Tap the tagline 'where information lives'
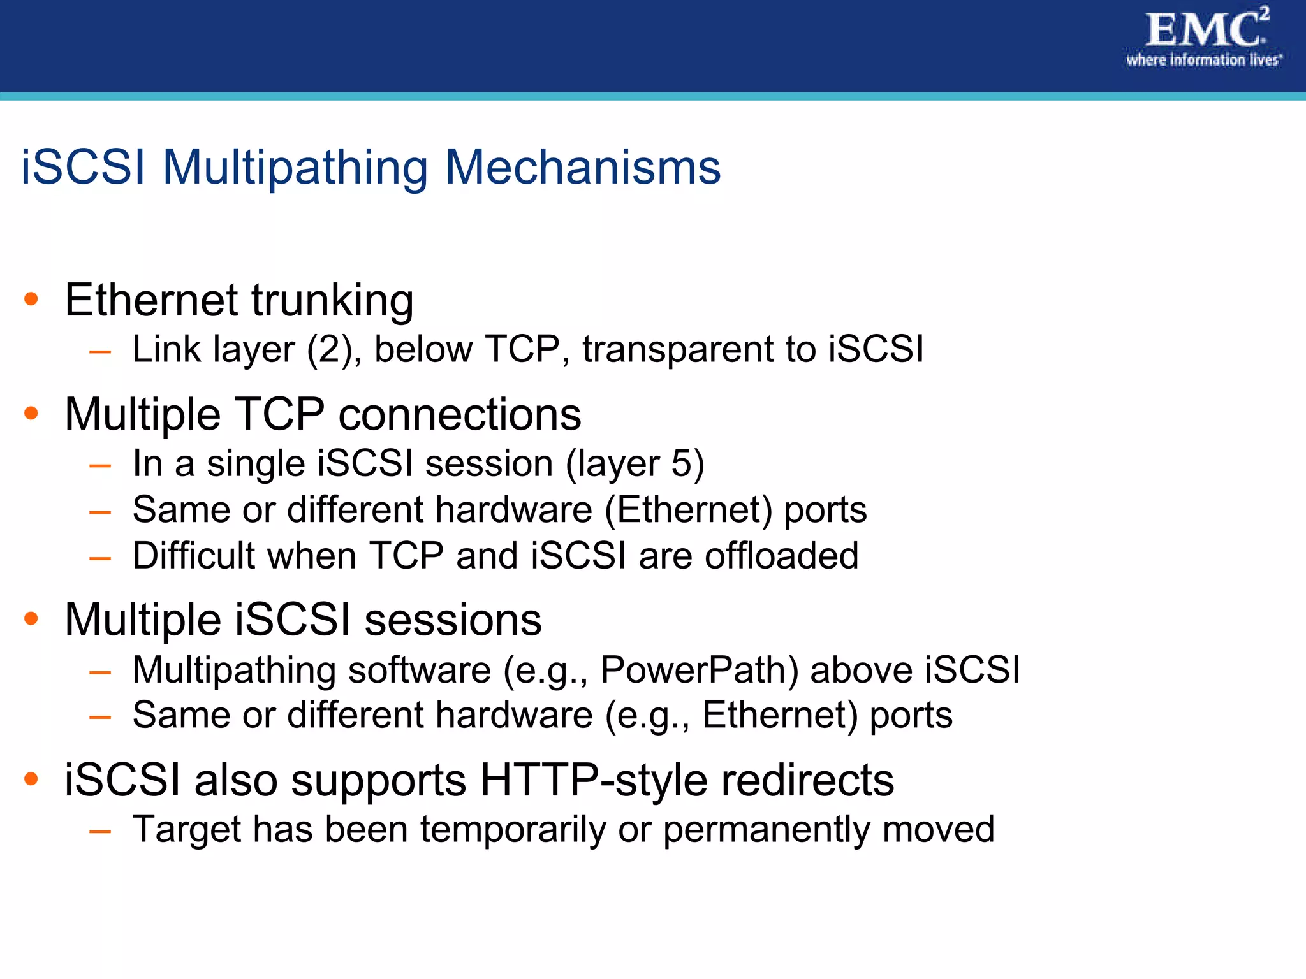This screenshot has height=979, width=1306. (1203, 61)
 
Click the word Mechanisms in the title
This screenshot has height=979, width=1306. (582, 168)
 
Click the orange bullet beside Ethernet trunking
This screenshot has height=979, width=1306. (31, 299)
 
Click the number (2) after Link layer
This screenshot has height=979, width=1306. (330, 350)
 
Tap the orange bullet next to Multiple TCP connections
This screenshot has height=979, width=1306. (31, 414)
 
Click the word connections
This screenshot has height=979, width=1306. (459, 415)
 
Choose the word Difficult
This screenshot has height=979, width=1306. (193, 555)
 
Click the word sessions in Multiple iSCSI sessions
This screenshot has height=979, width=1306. (453, 620)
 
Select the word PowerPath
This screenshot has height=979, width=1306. (699, 671)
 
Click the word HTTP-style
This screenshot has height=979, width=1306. (593, 780)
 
